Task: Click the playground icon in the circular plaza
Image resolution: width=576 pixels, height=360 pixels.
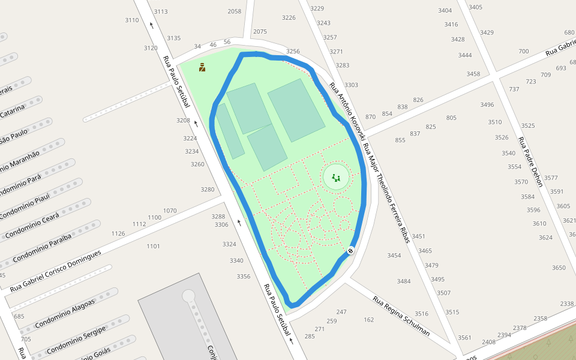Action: (x=336, y=178)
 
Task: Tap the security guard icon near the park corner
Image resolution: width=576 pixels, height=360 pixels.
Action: (x=202, y=67)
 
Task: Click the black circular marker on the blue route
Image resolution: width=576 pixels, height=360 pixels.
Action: (x=350, y=250)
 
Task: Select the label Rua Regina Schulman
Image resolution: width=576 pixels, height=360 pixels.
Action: (x=401, y=315)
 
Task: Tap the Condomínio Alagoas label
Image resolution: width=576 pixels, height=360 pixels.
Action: (x=65, y=313)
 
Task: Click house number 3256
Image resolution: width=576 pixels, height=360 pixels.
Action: (x=293, y=52)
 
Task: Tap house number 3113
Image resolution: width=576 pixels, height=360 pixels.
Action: (x=161, y=11)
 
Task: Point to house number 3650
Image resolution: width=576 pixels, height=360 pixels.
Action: (x=559, y=268)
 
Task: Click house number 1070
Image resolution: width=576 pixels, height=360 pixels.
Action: (x=170, y=211)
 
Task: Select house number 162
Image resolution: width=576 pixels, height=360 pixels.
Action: (x=368, y=319)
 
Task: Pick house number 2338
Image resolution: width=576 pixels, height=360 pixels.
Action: (x=567, y=304)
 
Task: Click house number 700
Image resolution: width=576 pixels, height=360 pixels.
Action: (x=524, y=51)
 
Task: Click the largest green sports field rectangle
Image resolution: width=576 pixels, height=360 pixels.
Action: (x=296, y=110)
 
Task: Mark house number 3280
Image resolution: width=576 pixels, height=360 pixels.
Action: (x=207, y=190)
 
